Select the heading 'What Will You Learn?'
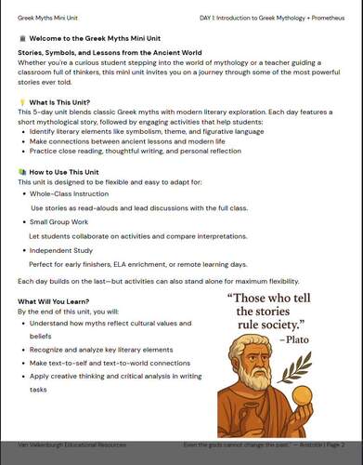(56, 300)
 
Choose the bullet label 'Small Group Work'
(65, 222)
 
